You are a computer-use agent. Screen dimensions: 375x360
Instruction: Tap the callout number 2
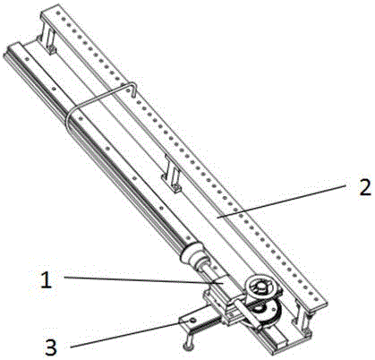pyautogui.click(x=364, y=186)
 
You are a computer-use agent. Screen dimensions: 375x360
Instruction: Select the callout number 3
pyautogui.click(x=51, y=347)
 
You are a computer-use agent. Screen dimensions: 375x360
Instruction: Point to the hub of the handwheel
pyautogui.click(x=262, y=286)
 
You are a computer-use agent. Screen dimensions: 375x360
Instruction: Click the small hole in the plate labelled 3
pyautogui.click(x=192, y=320)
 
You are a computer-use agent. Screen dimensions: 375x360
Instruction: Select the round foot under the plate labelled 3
pyautogui.click(x=188, y=347)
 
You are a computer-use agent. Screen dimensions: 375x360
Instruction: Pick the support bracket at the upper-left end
pyautogui.click(x=47, y=38)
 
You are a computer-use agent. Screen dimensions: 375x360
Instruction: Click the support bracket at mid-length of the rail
pyautogui.click(x=171, y=174)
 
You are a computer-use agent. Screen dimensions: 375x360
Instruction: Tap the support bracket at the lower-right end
pyautogui.click(x=302, y=319)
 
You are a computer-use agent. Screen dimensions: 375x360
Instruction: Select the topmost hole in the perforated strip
pyautogui.click(x=57, y=13)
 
